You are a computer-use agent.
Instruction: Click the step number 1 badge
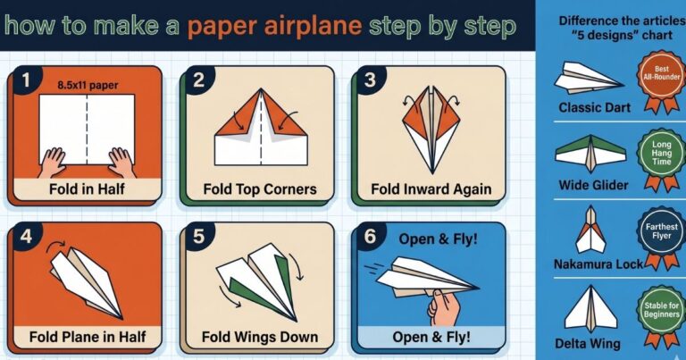(x=26, y=80)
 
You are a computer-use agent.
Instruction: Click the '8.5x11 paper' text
(x=87, y=87)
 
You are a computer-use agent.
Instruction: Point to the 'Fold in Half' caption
(x=87, y=189)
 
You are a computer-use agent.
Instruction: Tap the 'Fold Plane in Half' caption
(x=87, y=338)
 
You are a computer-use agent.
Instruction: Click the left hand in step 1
(x=54, y=162)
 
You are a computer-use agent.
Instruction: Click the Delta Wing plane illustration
(x=590, y=307)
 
